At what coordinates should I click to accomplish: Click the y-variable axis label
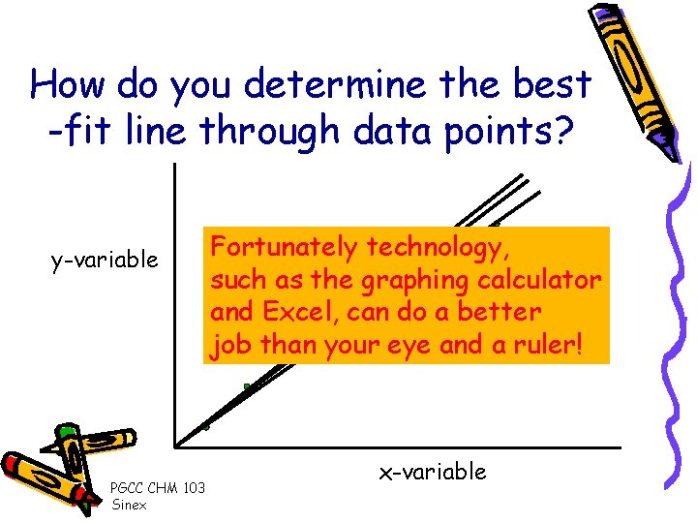105,261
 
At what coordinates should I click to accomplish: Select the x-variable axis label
432,472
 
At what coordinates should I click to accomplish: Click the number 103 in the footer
194,487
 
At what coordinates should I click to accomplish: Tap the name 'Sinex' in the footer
129,505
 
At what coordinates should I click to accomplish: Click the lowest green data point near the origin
205,426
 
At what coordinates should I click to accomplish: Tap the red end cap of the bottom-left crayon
12,463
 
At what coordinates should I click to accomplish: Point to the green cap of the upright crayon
67,429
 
